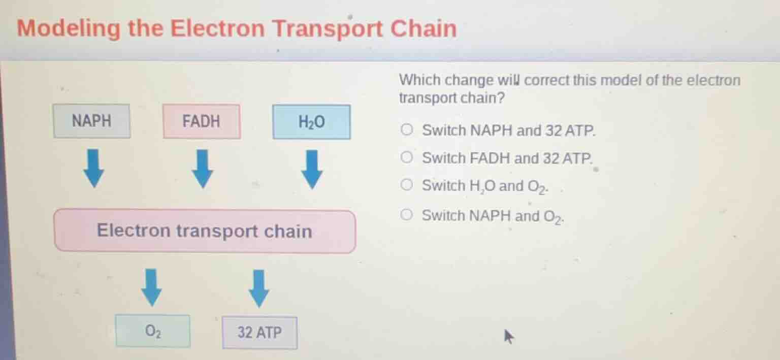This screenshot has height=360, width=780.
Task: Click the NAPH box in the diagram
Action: click(92, 121)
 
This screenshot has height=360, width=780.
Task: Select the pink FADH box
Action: click(202, 121)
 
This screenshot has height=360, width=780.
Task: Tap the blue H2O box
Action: click(311, 122)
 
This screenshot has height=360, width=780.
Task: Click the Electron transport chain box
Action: click(205, 232)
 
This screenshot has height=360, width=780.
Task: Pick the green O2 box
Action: click(153, 331)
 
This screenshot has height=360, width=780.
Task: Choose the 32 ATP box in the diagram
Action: click(259, 333)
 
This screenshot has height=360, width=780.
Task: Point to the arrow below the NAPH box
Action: click(93, 169)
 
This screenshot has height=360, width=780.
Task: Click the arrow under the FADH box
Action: click(202, 169)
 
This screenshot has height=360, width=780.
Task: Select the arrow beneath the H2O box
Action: click(312, 169)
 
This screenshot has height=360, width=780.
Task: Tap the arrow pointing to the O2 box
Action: click(151, 287)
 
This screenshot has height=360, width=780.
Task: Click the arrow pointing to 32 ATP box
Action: click(259, 288)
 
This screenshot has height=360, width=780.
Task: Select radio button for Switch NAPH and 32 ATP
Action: click(407, 130)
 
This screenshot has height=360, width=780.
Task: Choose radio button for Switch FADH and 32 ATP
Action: click(407, 158)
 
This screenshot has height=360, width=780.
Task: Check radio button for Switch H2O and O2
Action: click(407, 186)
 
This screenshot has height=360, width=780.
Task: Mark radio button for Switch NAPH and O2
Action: click(407, 216)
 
